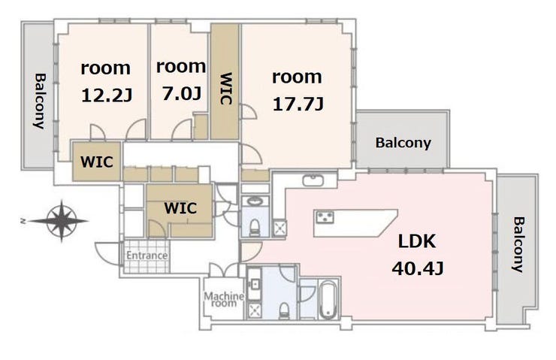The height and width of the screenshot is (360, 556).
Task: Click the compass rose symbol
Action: click(x=62, y=221)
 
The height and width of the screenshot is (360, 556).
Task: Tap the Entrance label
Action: click(x=147, y=256)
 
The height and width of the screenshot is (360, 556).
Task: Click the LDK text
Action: click(x=417, y=241)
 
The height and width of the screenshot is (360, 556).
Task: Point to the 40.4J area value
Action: click(x=418, y=269)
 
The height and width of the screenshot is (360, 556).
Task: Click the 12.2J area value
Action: click(x=107, y=95)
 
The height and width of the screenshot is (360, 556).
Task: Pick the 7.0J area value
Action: click(x=183, y=94)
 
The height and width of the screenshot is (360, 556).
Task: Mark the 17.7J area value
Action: click(x=298, y=104)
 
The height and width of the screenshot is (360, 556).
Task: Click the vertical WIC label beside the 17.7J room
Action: click(x=226, y=89)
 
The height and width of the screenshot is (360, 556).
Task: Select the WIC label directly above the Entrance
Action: click(x=180, y=208)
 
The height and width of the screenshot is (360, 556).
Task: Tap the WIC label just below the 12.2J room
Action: click(x=97, y=162)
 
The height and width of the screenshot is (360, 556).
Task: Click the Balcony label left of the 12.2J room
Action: click(x=40, y=101)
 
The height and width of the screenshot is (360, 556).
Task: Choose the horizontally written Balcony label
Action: click(x=403, y=143)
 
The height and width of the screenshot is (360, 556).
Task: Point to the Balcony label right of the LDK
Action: click(x=518, y=244)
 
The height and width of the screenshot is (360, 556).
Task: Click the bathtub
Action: click(x=328, y=299)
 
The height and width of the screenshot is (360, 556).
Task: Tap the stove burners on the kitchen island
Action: click(x=325, y=216)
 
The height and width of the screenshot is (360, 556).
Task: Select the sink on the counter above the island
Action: click(x=313, y=180)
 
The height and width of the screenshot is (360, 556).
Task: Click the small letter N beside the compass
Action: click(x=23, y=221)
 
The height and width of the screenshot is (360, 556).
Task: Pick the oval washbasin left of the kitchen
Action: click(x=255, y=201)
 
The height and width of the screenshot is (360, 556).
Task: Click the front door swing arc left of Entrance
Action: click(x=108, y=253)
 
